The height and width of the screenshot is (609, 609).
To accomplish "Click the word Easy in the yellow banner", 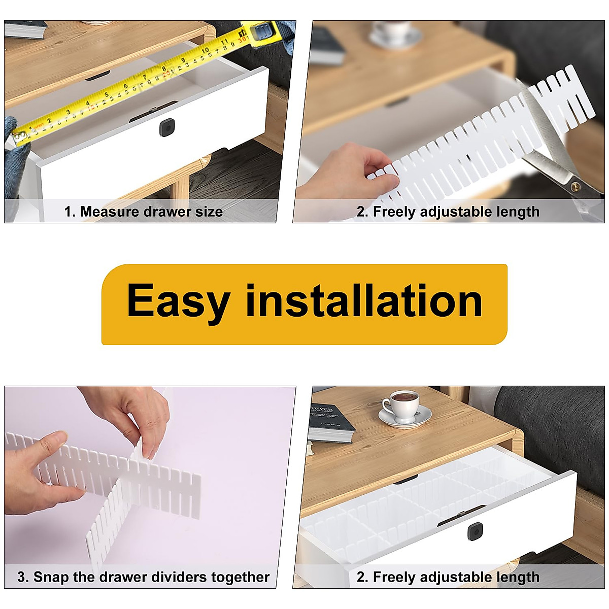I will [x=178, y=301].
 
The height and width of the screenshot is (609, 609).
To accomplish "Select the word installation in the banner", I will [x=363, y=301].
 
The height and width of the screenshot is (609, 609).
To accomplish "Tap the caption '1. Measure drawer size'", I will [x=143, y=212].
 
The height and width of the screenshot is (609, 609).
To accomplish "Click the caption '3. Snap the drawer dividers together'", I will [x=143, y=577].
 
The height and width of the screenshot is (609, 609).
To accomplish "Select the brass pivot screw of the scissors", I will [x=575, y=186].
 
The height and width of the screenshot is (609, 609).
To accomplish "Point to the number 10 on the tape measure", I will [x=206, y=51].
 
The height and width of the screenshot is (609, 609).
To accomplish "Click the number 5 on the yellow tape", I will [x=107, y=94].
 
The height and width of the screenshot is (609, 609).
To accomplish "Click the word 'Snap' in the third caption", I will [x=51, y=577].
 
